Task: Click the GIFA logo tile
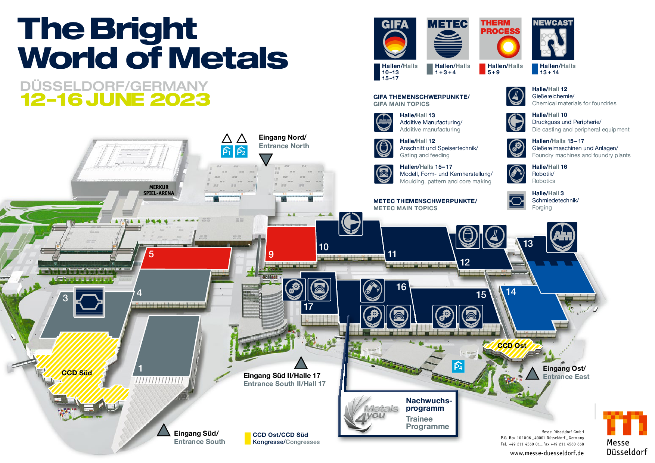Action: tap(395, 38)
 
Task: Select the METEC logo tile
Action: tap(448, 38)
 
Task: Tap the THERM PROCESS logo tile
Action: tap(500, 38)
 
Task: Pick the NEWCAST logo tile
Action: tap(553, 38)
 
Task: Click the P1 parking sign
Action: tap(227, 151)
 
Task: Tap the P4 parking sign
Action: tap(458, 367)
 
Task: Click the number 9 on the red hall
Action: tap(271, 254)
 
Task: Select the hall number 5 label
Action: tap(151, 254)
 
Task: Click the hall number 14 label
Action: tap(511, 292)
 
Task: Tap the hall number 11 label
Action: tap(392, 254)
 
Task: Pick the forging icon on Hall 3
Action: tap(89, 302)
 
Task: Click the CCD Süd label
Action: tap(77, 373)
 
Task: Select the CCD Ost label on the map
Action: tap(512, 345)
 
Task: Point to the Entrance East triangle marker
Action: tap(532, 373)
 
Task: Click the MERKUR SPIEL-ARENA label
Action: tap(159, 190)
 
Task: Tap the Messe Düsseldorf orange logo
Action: tap(625, 423)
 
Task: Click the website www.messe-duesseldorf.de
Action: tap(547, 453)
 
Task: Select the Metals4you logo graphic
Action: tap(371, 413)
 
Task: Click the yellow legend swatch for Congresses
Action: tap(248, 438)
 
